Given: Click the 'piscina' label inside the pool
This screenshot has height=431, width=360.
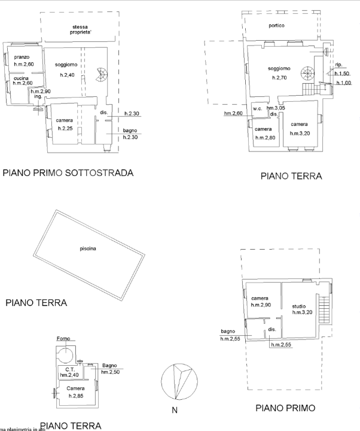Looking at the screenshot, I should tap(89, 248).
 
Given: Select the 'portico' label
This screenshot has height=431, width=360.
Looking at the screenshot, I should tap(276, 26).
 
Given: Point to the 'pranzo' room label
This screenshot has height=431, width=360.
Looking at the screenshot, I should tap(22, 57).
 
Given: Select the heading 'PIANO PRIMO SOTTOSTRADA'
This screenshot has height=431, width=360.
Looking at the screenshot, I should tap(68, 174).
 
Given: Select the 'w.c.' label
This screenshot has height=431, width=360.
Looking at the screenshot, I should tap(258, 108).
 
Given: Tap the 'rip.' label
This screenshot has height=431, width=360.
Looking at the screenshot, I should tap(338, 65).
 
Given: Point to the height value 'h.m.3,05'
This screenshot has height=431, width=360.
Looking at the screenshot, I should tap(276, 108).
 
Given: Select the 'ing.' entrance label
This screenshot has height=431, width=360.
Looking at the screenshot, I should tap(38, 96).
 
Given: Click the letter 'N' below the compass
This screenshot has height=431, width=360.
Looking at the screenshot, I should tap(175, 411).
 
